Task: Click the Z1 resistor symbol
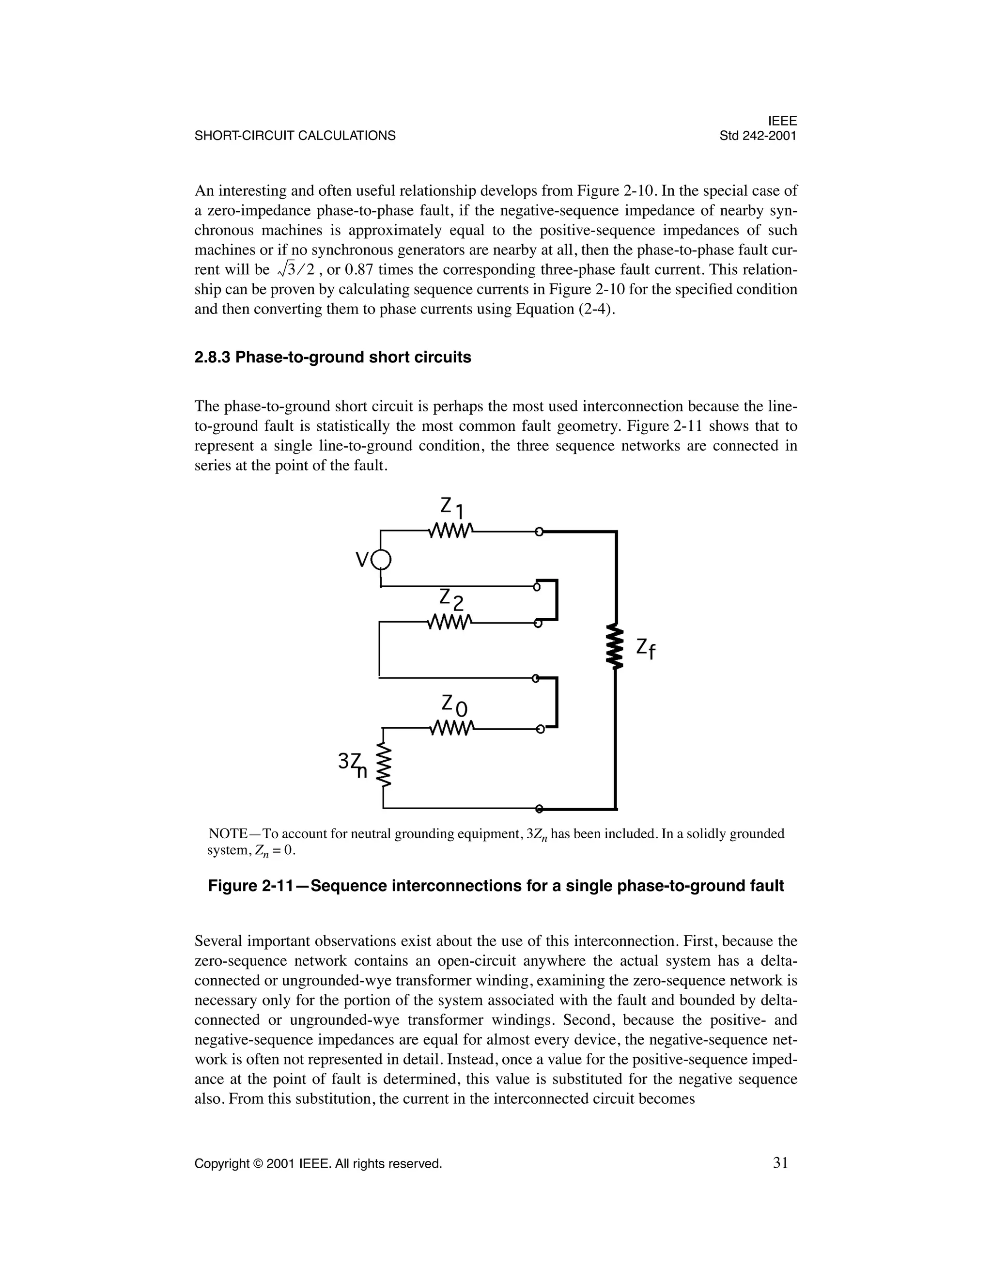pos(449,532)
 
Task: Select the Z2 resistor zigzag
pos(449,622)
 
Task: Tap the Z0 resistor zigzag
pos(449,729)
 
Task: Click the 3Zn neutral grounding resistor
pos(384,766)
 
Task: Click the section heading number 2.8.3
pos(213,358)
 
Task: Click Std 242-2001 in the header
pos(758,136)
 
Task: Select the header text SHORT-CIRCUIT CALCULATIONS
pos(295,136)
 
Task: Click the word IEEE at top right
pos(782,121)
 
